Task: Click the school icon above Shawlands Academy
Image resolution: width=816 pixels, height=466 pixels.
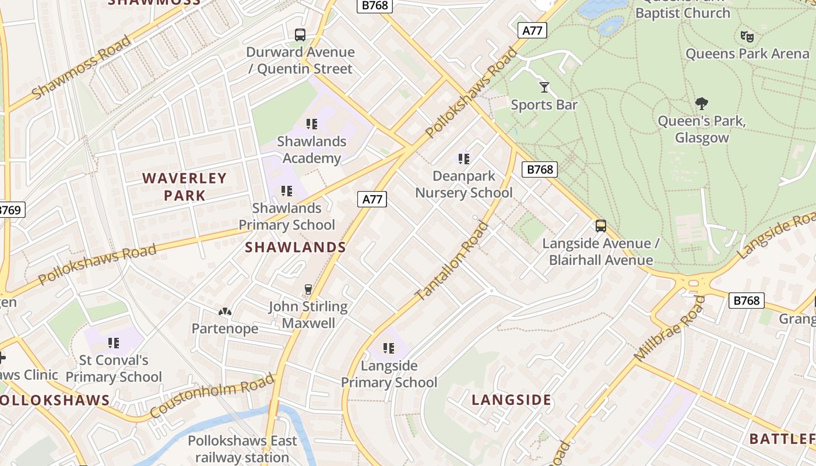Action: click(312, 123)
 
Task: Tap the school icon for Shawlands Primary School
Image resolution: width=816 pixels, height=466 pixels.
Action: click(286, 190)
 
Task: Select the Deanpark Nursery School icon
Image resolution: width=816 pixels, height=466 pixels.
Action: click(464, 158)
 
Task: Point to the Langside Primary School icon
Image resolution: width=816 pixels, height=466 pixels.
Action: click(389, 348)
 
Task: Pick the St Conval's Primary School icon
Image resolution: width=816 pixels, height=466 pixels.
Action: click(113, 343)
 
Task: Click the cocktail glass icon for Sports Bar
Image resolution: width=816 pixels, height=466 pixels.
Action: click(544, 87)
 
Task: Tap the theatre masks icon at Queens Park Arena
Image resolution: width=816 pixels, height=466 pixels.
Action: click(747, 37)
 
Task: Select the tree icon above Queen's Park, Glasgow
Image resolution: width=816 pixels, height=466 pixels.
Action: click(702, 104)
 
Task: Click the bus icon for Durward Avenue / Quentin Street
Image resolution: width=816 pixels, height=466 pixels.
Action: click(300, 35)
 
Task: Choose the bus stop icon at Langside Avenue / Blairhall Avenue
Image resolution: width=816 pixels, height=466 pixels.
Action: click(601, 226)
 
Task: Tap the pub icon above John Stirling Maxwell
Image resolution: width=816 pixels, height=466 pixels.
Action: click(308, 289)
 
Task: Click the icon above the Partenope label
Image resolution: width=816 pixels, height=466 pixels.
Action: click(225, 312)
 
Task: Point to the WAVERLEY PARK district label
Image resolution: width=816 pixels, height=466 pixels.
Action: click(184, 186)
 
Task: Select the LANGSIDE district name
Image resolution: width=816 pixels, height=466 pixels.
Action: click(511, 400)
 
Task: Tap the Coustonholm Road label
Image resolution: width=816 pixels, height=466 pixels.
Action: click(212, 396)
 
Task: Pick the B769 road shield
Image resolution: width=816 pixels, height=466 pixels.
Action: click(10, 210)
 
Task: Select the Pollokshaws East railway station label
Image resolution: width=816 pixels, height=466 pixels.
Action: click(242, 449)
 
